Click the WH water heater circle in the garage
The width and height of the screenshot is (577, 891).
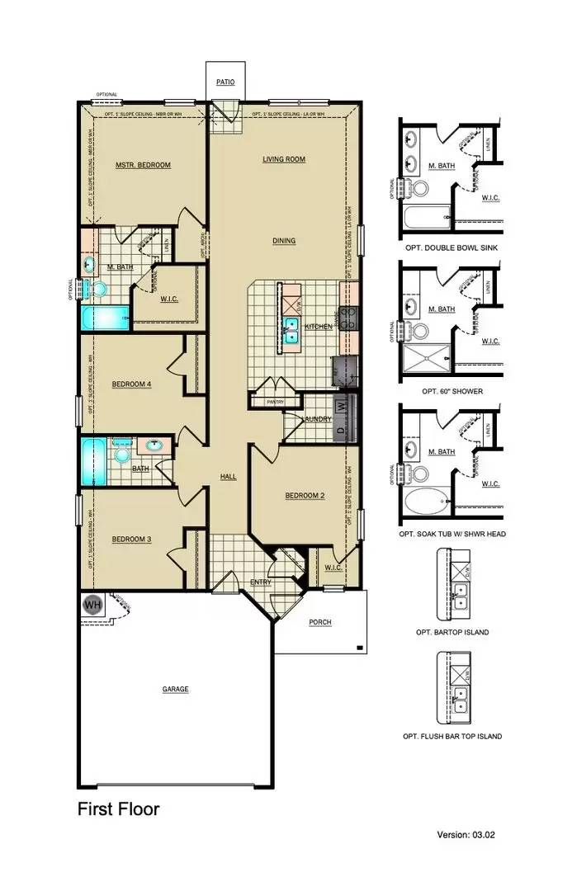coord(92,605)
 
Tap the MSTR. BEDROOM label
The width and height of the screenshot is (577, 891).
coord(143,165)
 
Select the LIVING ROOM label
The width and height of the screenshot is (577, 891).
coord(284,159)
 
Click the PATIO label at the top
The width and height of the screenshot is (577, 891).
coord(225,82)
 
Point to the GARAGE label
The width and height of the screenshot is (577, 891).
coord(175,689)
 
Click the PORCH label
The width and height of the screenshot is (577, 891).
coord(319,622)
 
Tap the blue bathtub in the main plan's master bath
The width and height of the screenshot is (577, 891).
coord(106,318)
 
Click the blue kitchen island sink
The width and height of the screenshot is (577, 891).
coord(291,329)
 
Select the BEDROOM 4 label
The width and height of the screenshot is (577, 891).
coord(132,384)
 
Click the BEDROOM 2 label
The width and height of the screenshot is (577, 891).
coord(305,496)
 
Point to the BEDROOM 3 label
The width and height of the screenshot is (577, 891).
coord(132,540)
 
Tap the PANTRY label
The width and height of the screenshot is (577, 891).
coord(275,403)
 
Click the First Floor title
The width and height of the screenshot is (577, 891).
coord(118,808)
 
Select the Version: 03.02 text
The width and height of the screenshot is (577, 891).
coord(466,835)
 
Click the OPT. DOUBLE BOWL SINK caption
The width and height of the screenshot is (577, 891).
coord(451,247)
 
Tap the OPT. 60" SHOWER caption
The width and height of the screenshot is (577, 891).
coord(451,391)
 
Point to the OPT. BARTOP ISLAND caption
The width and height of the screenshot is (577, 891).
coord(452,632)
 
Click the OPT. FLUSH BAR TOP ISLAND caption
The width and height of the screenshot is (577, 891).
coord(452,736)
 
